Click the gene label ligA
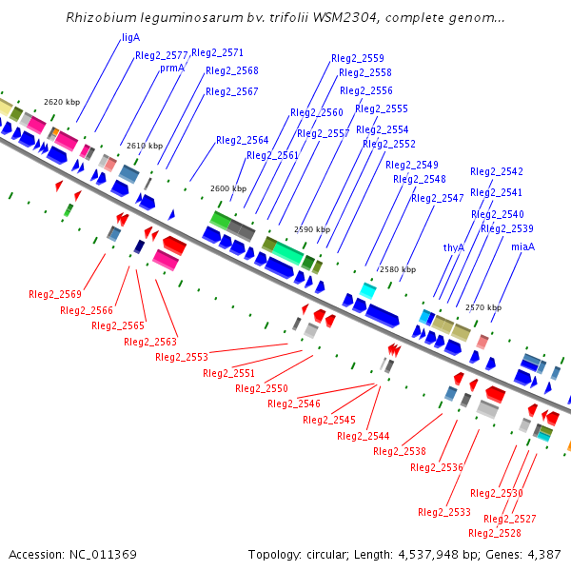pyautogui.click(x=131, y=37)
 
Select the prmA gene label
pyautogui.click(x=172, y=68)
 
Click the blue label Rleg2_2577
pyautogui.click(x=162, y=55)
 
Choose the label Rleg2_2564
pyautogui.click(x=243, y=140)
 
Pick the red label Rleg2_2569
pyautogui.click(x=55, y=294)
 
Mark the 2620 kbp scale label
pyautogui.click(x=61, y=102)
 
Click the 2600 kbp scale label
pyautogui.click(x=228, y=188)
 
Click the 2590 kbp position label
pyautogui.click(x=312, y=229)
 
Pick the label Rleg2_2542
pyautogui.click(x=497, y=171)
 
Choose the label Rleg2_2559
pyautogui.click(x=358, y=58)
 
